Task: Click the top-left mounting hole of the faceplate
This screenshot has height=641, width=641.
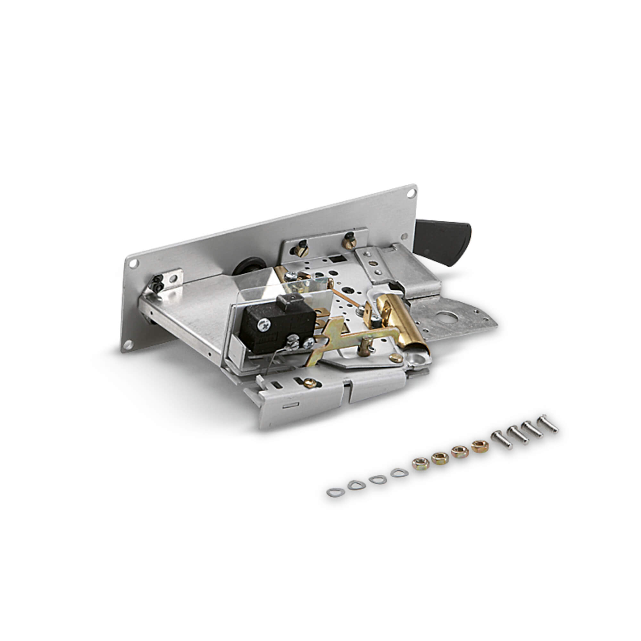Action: click(133, 264)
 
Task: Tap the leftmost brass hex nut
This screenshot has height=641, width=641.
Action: click(420, 463)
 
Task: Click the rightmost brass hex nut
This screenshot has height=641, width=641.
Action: click(480, 446)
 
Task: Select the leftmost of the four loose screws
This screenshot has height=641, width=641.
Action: click(502, 439)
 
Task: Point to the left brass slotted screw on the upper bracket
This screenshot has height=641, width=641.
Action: click(301, 249)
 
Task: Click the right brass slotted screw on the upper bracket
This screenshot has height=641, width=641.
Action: click(349, 242)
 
